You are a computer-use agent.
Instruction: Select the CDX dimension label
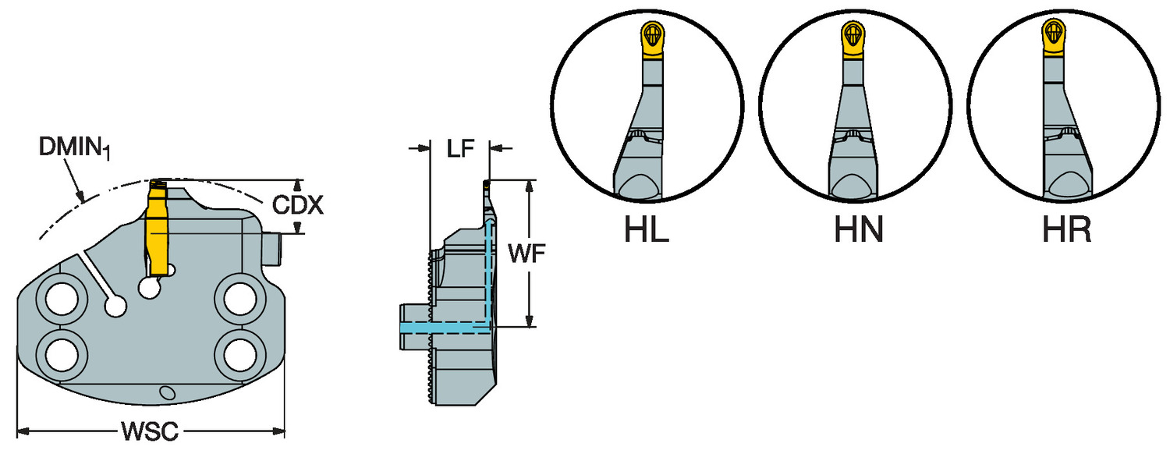tap(298, 206)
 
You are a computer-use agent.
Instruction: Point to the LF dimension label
tap(460, 148)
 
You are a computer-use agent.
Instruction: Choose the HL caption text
tap(647, 230)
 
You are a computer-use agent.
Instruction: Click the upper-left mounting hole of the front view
tap(61, 298)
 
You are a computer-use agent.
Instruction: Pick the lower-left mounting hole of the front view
tap(61, 355)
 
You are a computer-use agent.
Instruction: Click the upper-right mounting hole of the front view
tap(239, 298)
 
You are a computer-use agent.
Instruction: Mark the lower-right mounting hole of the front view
tap(239, 355)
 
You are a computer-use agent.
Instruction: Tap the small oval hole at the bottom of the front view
tap(165, 392)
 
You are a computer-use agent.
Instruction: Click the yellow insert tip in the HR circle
tap(1055, 36)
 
